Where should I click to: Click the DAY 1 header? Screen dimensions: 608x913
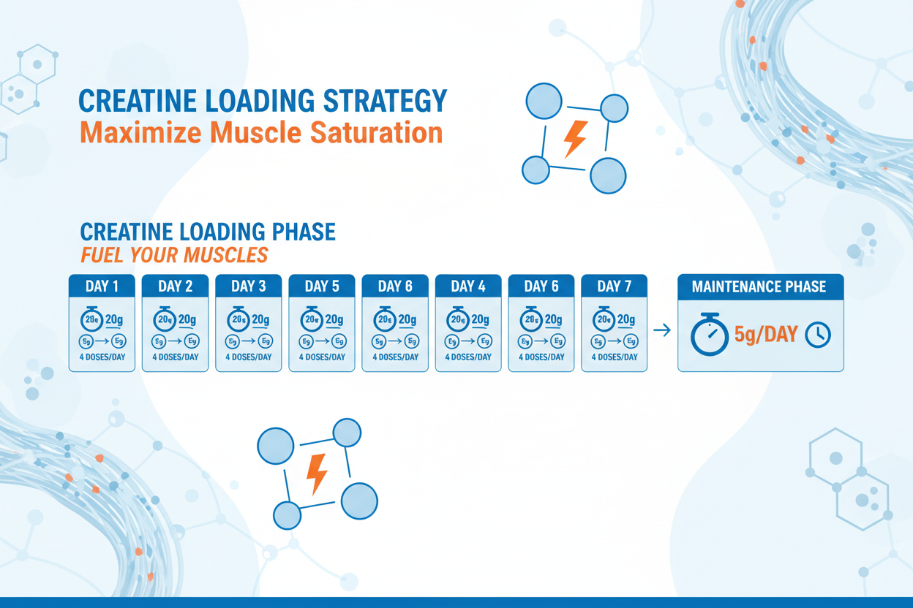point(102,286)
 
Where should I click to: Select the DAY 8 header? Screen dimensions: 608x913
point(395,286)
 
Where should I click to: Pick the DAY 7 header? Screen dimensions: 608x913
point(614,286)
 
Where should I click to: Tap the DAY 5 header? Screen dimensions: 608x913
point(322,286)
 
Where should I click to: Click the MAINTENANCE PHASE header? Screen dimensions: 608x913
point(760,286)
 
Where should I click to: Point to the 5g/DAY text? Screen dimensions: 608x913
point(766,335)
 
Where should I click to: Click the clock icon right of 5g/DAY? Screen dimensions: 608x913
point(818,335)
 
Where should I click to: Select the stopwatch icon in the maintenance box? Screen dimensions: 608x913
point(709,336)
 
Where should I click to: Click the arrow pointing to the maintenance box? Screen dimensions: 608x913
point(661,331)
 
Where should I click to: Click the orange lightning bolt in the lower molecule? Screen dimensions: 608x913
point(318,473)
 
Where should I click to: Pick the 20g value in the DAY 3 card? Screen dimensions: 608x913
point(260,319)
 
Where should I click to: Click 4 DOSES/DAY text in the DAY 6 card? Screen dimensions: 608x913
point(541,357)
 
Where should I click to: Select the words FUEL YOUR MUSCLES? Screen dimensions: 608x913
point(174,256)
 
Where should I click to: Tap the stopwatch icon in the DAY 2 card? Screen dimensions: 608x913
point(165,319)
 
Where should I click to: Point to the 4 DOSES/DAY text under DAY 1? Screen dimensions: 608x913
point(102,357)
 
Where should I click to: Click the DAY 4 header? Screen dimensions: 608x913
point(468,286)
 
